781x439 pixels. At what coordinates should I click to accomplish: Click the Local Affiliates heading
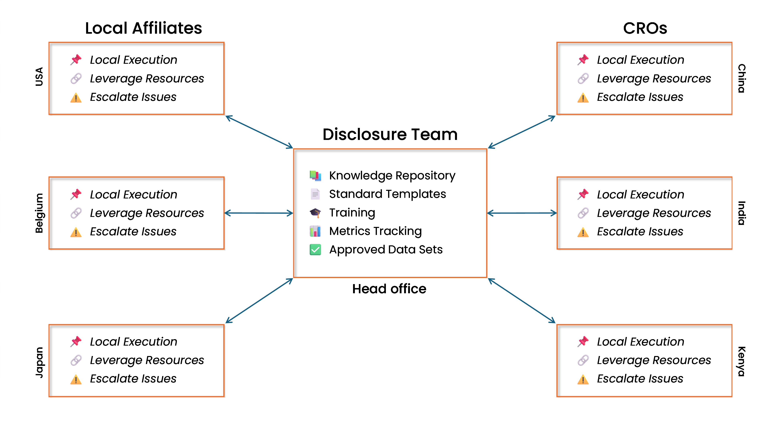(143, 28)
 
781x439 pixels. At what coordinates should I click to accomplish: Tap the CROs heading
(645, 28)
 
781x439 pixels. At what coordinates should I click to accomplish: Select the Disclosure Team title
(390, 134)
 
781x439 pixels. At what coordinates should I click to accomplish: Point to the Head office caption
(389, 289)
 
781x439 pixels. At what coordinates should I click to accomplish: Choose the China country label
(741, 78)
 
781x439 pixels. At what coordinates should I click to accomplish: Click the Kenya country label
(741, 361)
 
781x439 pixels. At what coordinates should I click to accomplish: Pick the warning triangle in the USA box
(76, 98)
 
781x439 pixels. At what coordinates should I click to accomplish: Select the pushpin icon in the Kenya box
(583, 342)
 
